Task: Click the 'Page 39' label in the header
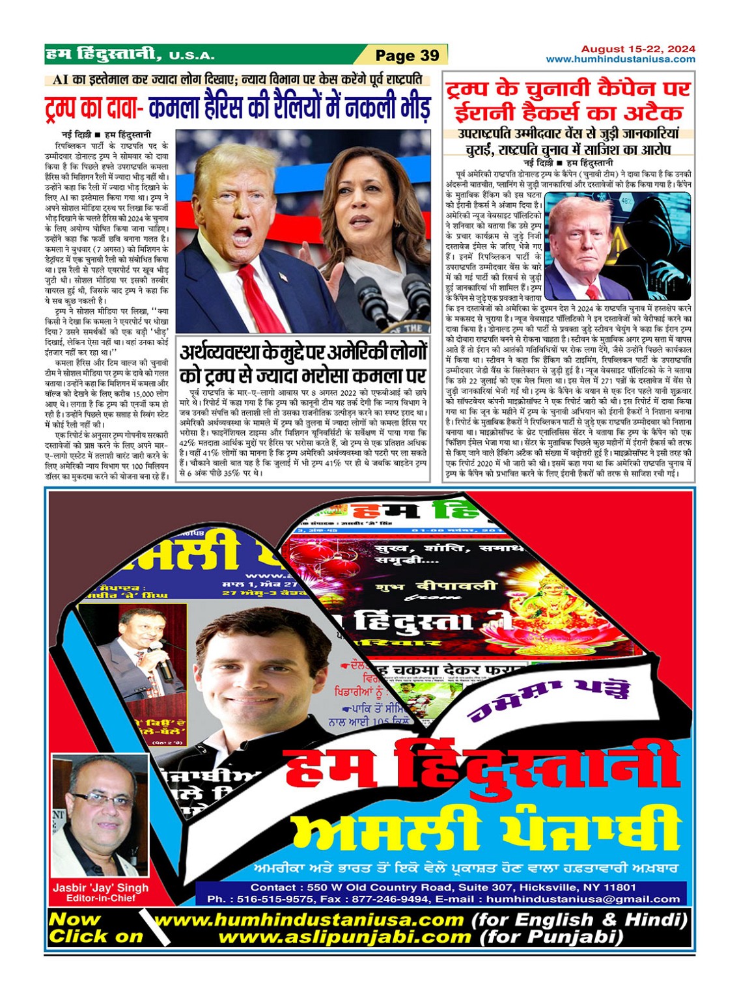click(x=408, y=55)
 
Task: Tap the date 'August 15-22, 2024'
click(x=637, y=49)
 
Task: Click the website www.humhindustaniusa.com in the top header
click(x=620, y=59)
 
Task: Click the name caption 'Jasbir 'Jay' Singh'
click(x=100, y=887)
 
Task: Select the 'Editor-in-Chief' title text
click(x=100, y=898)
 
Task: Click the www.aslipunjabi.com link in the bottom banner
click(x=344, y=937)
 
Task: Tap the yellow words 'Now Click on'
click(x=95, y=928)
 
